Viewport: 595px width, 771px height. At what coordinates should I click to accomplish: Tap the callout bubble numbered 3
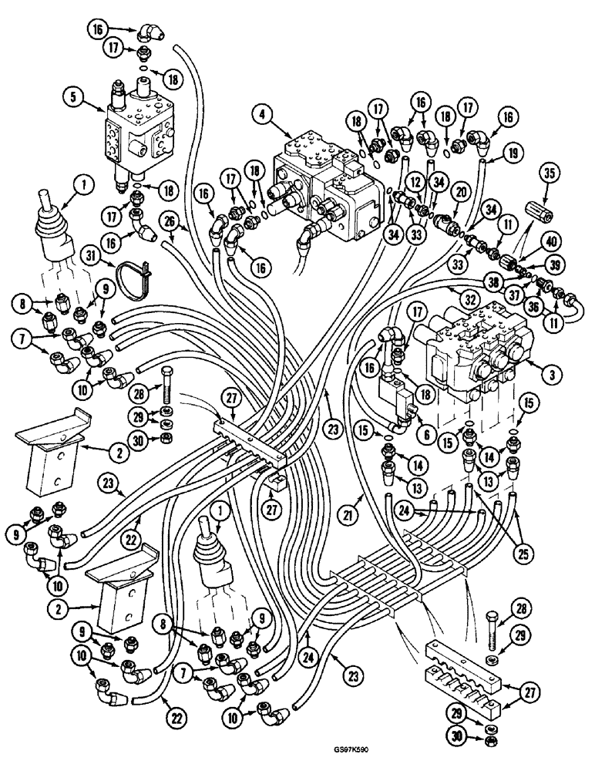coord(550,375)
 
